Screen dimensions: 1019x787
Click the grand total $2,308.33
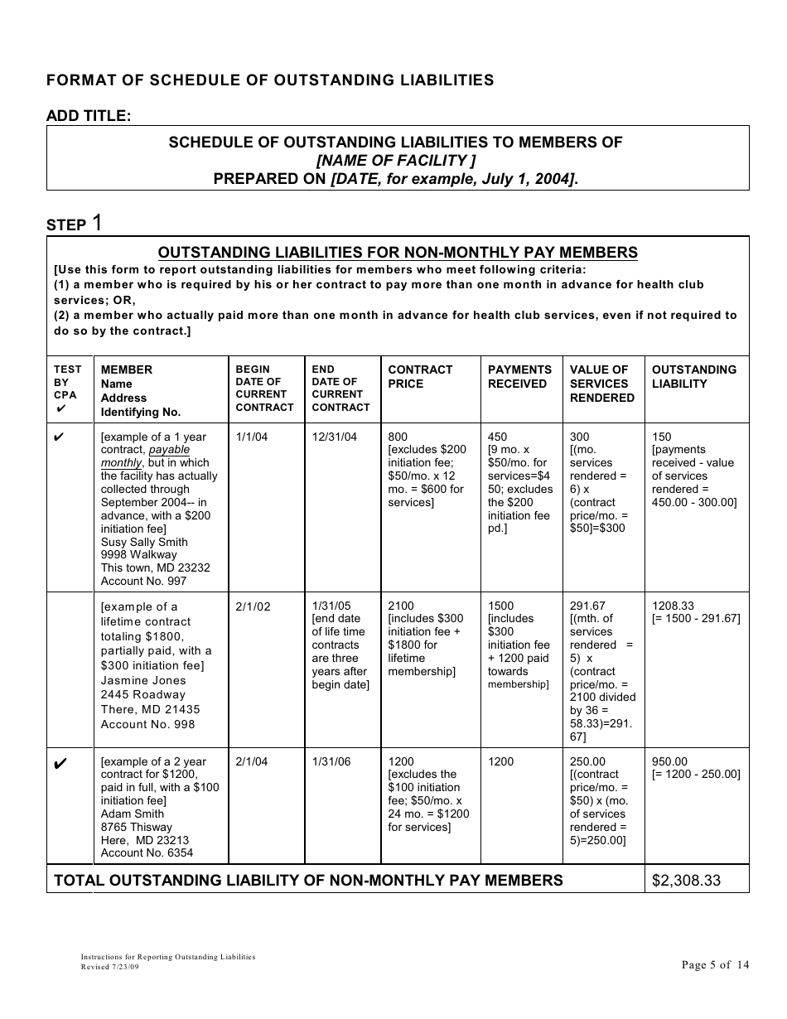(686, 880)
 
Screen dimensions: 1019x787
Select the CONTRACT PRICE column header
(420, 376)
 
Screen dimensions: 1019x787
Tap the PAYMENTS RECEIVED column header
(519, 376)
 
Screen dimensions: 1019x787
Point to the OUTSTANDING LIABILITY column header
(693, 376)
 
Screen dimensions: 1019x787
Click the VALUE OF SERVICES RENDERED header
(601, 384)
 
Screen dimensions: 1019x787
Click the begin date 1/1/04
(252, 437)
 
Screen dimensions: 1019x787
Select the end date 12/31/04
(335, 437)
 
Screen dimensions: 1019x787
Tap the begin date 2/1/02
(253, 606)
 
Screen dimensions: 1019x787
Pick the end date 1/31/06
(331, 761)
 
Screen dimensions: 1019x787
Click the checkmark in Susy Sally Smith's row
(59, 437)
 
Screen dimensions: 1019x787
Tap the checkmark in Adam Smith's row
(59, 763)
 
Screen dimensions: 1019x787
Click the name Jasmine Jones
(142, 680)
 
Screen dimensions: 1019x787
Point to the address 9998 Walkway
(138, 554)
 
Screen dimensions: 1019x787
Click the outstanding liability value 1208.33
(673, 606)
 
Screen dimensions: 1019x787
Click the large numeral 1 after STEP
(98, 223)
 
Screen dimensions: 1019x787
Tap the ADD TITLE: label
(89, 116)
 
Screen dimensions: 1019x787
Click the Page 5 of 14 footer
(715, 964)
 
